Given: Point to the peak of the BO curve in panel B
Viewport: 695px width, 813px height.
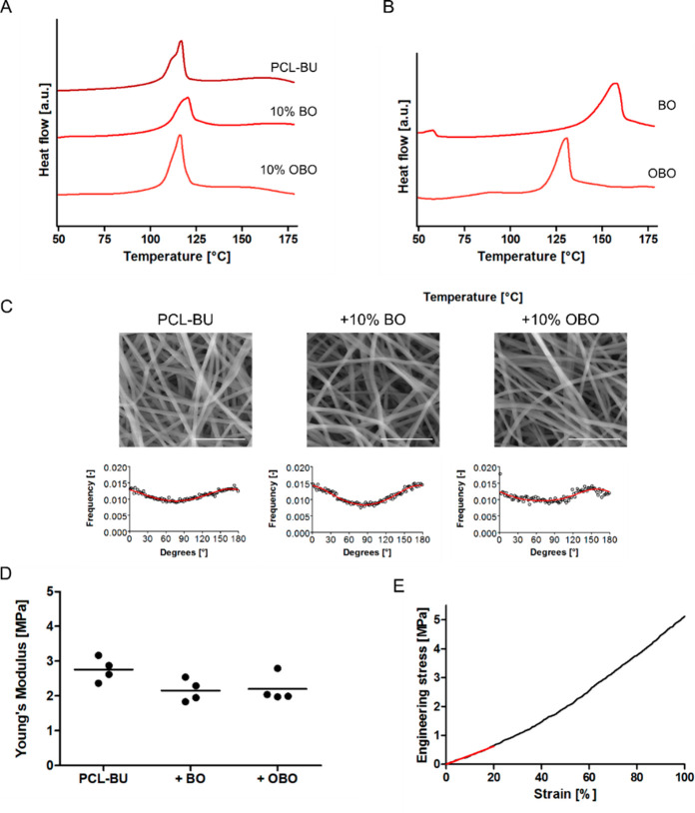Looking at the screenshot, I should pyautogui.click(x=615, y=84).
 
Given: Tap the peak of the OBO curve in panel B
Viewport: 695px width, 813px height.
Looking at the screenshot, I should pyautogui.click(x=566, y=139).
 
